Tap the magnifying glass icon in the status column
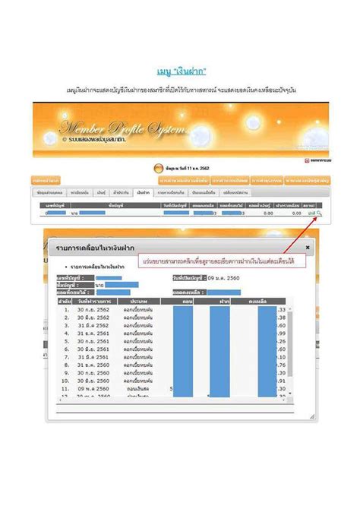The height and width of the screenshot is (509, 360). [320, 214]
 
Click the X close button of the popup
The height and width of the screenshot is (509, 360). [308, 247]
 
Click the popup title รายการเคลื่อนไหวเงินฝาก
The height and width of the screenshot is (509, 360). [84, 248]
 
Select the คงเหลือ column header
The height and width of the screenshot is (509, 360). [264, 302]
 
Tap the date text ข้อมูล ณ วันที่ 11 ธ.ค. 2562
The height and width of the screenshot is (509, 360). [185, 168]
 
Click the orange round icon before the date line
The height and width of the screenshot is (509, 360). [158, 168]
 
